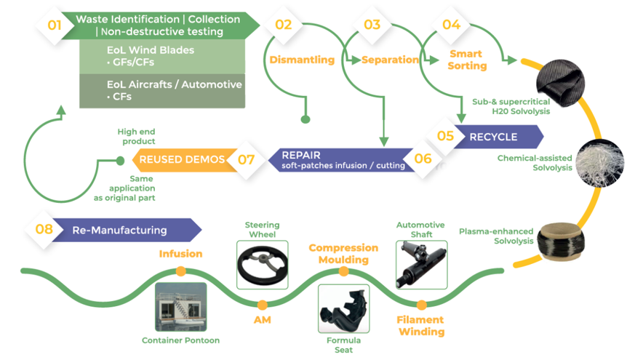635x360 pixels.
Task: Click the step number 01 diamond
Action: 55,26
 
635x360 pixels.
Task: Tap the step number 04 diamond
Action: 451,25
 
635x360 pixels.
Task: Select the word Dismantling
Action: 302,60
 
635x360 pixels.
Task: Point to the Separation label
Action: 390,60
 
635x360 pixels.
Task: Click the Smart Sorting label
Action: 467,60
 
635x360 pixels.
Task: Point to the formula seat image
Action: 343,309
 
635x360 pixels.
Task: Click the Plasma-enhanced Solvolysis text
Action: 494,236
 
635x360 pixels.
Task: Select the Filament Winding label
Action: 420,325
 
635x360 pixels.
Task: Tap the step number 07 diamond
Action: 247,159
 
